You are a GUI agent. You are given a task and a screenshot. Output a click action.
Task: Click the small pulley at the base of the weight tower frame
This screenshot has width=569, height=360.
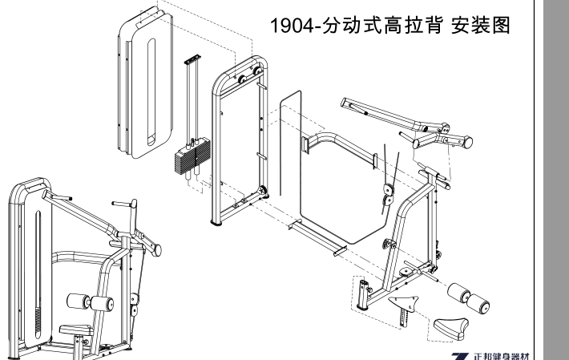262,192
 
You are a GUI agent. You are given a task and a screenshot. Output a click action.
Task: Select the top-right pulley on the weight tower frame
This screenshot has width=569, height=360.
258,71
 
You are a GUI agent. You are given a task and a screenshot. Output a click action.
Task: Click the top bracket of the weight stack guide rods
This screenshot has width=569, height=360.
192,61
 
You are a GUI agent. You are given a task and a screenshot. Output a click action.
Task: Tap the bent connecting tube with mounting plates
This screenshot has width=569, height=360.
337,148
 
